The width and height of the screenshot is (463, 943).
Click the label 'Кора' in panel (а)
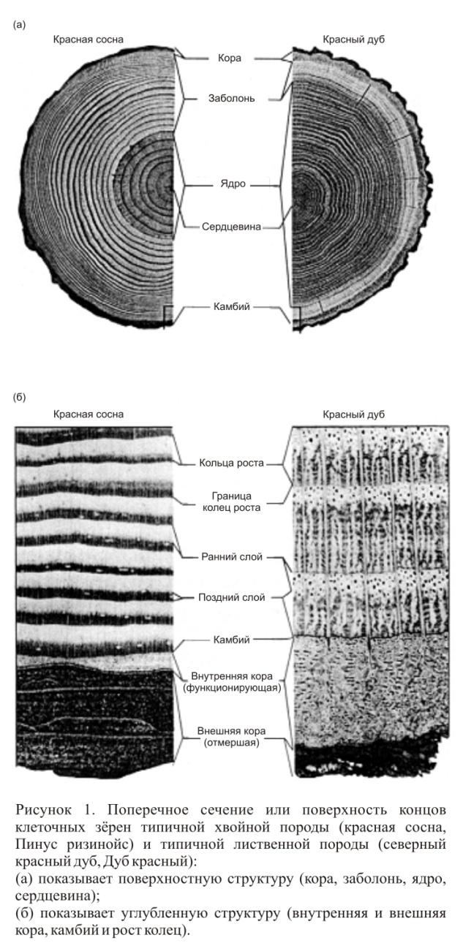pyautogui.click(x=229, y=57)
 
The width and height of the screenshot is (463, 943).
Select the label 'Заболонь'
pyautogui.click(x=229, y=98)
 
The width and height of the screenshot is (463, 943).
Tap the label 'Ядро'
pyautogui.click(x=229, y=186)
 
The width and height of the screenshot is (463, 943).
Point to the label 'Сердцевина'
pyautogui.click(x=229, y=227)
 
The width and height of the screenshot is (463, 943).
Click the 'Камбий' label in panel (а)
pyautogui.click(x=229, y=307)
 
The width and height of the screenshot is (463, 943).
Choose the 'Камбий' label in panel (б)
pyautogui.click(x=229, y=640)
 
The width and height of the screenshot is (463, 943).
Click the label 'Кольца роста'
pyautogui.click(x=230, y=463)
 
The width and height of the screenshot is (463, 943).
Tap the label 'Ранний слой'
pyautogui.click(x=229, y=557)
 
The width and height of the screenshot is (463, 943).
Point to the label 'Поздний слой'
pyautogui.click(x=229, y=597)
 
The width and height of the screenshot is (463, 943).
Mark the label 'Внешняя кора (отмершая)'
pyautogui.click(x=229, y=735)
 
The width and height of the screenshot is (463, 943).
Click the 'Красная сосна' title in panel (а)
pyautogui.click(x=87, y=39)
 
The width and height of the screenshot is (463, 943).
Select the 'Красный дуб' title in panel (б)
pyautogui.click(x=354, y=414)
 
